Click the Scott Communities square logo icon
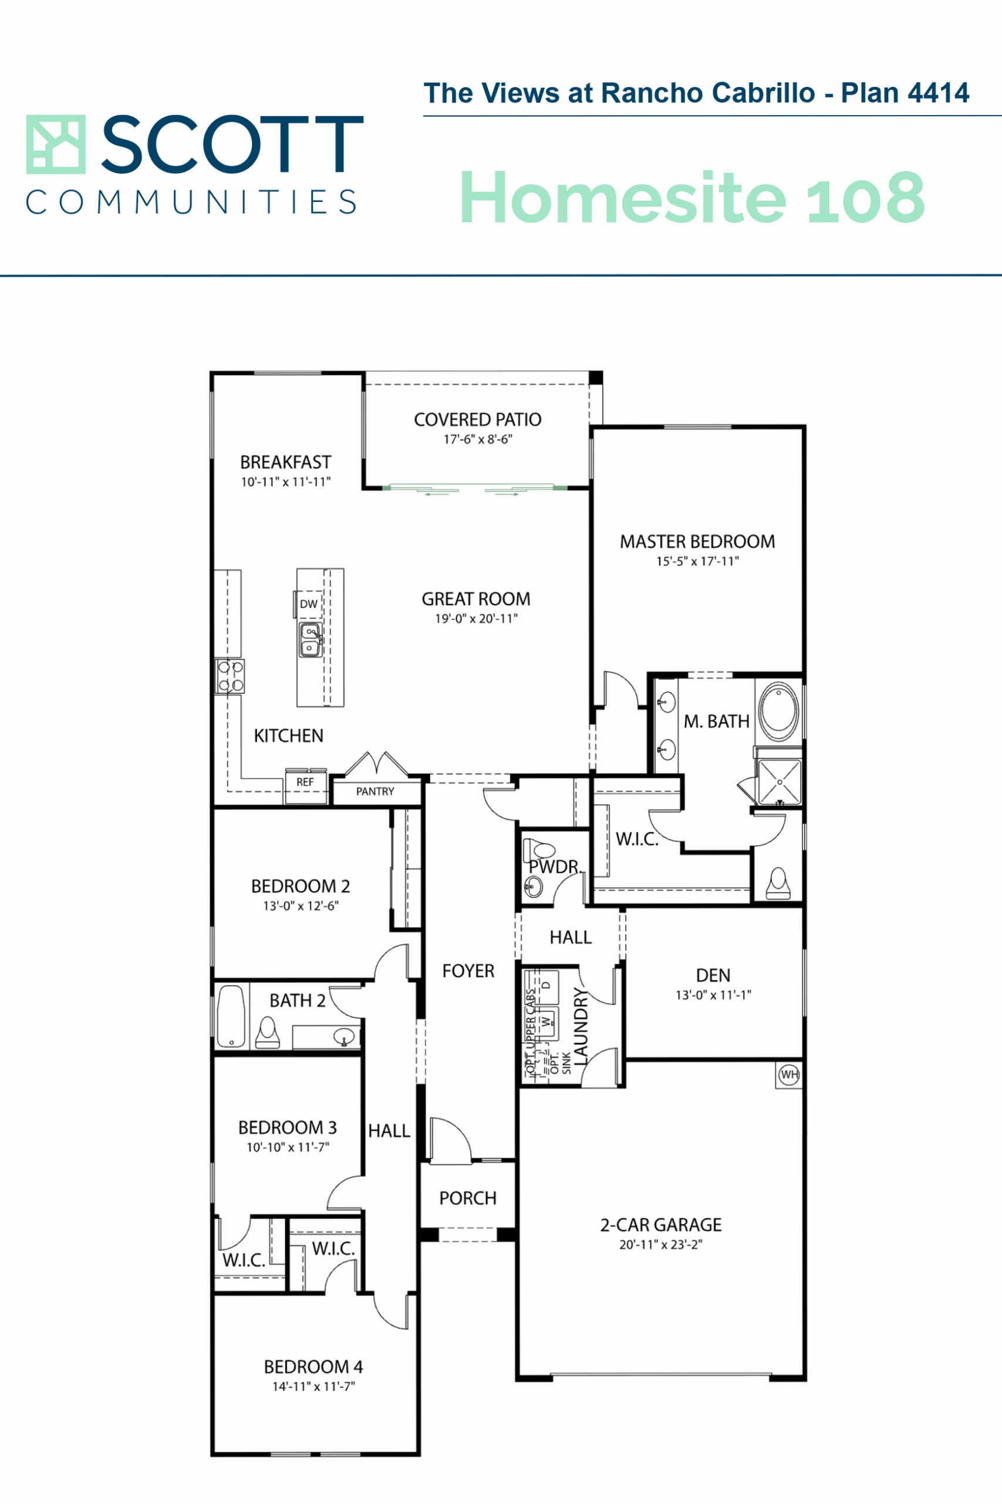[x=56, y=145]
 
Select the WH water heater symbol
[x=789, y=1075]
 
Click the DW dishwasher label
[x=309, y=603]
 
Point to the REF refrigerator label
[x=305, y=782]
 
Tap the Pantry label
[x=375, y=791]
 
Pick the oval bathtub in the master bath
[x=779, y=708]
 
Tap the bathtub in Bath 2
[x=231, y=1016]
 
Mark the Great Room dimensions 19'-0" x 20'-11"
[x=476, y=619]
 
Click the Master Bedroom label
[x=697, y=542]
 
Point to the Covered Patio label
[x=477, y=419]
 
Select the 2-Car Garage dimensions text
[x=661, y=1244]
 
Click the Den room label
[x=713, y=975]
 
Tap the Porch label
[x=468, y=1198]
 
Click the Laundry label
[x=580, y=1026]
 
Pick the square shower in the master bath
[x=779, y=781]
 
